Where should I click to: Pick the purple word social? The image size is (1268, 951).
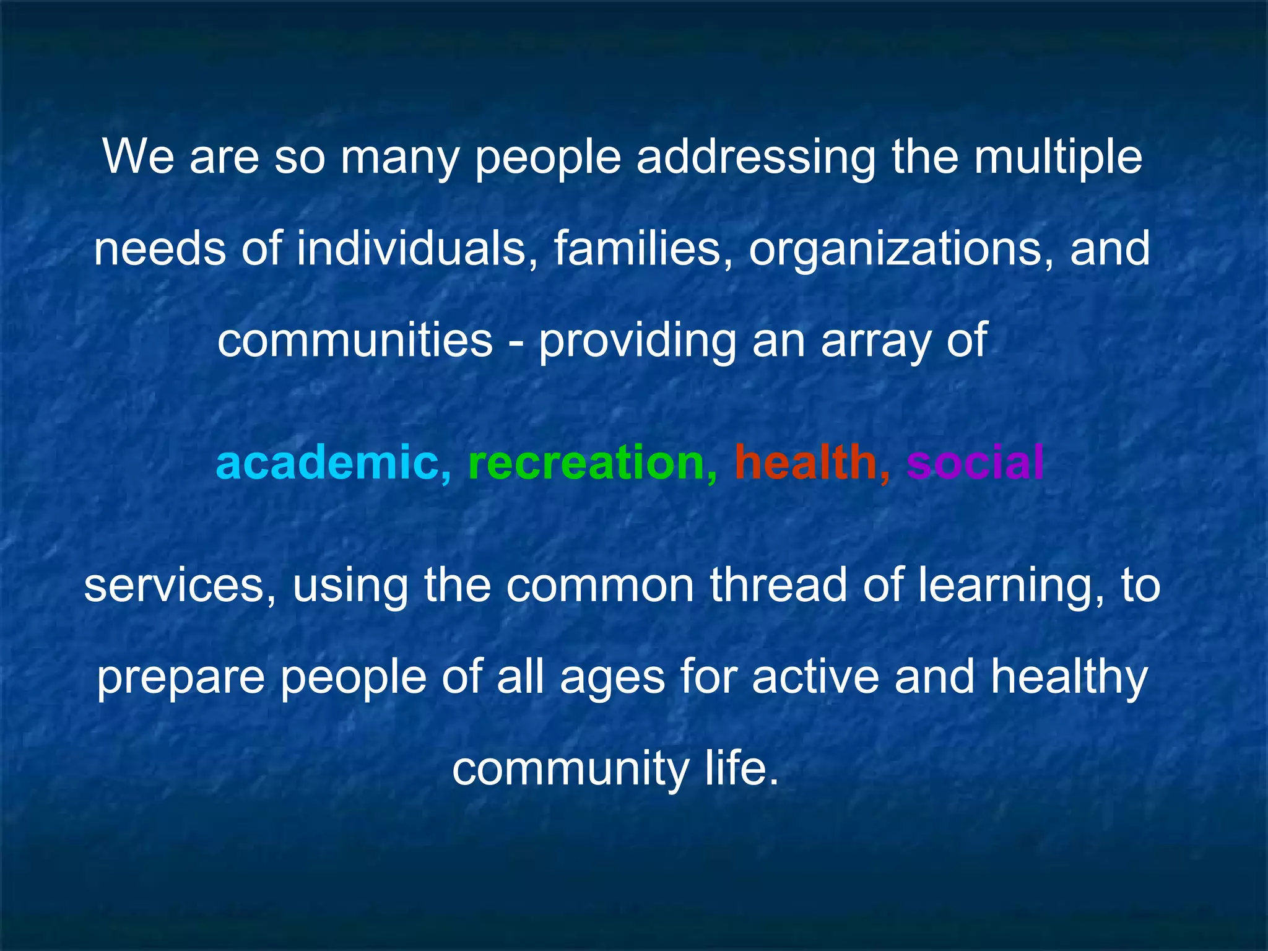[975, 462]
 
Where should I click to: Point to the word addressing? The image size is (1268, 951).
[756, 158]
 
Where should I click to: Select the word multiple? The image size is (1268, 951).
[1058, 158]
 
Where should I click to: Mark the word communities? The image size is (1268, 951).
[355, 340]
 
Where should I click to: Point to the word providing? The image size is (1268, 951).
[637, 341]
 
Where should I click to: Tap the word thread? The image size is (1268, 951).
[779, 584]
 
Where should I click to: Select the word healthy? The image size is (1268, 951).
[1069, 677]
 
